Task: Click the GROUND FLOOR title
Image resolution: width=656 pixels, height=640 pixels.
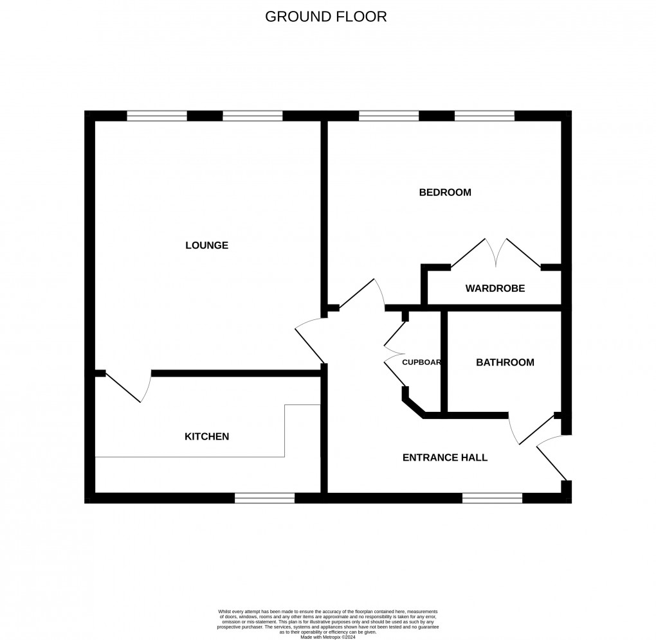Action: click(326, 17)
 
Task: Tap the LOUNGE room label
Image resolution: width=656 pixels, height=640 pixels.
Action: click(206, 245)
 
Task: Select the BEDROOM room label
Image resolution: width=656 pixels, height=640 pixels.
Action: click(445, 192)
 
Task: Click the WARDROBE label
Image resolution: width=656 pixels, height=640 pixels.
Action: click(495, 289)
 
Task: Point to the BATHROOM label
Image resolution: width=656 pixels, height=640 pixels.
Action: click(505, 362)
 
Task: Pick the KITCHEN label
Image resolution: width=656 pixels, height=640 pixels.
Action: click(206, 437)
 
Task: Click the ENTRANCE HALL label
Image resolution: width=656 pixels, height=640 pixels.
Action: click(444, 458)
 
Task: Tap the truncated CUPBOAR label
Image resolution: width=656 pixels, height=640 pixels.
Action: click(421, 362)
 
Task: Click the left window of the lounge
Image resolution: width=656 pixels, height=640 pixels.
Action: click(156, 116)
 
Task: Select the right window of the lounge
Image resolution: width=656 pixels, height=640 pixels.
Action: click(252, 116)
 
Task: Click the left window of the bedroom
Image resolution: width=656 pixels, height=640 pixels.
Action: click(388, 116)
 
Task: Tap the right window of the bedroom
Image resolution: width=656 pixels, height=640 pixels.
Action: click(484, 116)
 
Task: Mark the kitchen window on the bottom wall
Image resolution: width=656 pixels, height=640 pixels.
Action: click(264, 498)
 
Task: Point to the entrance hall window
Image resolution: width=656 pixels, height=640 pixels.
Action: click(492, 498)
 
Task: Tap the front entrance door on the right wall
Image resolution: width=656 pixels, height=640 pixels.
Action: click(550, 458)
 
